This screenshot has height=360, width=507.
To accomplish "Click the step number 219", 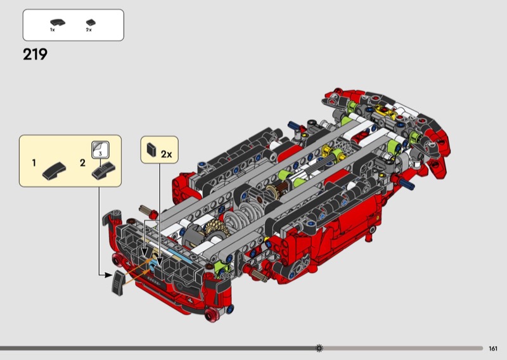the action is (35, 55).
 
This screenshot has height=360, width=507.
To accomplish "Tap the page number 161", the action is (493, 349).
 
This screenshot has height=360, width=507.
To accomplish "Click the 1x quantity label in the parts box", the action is (53, 30).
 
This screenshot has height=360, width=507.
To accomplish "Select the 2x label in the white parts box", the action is (89, 30).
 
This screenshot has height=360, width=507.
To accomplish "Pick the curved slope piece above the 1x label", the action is (58, 22).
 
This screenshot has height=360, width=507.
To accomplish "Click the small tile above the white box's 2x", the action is (91, 22).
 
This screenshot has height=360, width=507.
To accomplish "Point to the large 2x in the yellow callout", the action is (166, 154).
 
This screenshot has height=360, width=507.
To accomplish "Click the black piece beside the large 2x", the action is (151, 150).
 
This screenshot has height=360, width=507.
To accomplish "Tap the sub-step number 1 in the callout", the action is (34, 163).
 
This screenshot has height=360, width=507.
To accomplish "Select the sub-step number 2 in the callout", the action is (83, 163).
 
